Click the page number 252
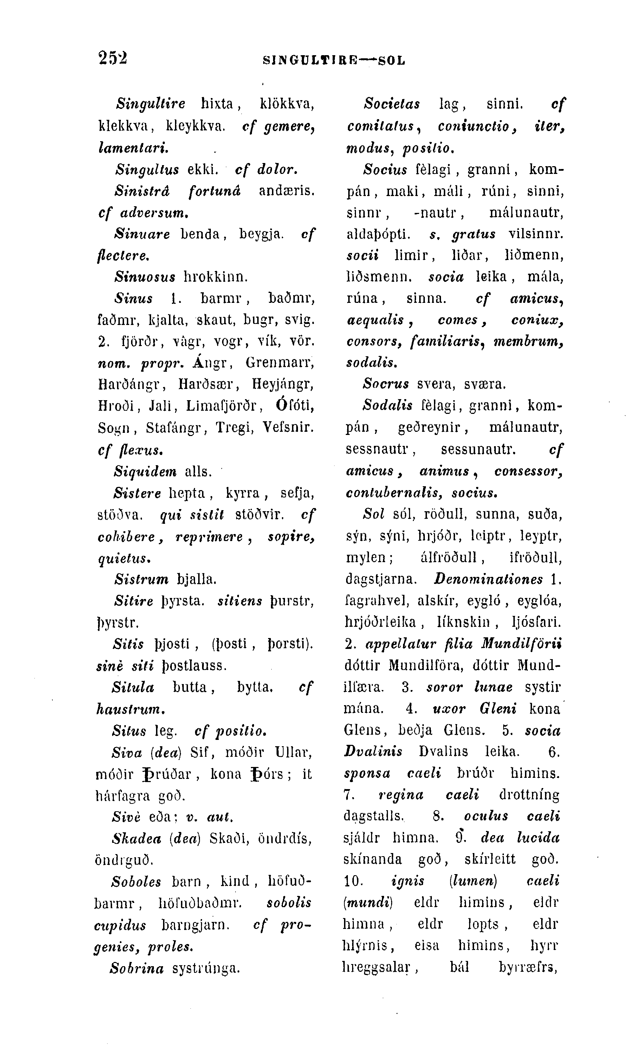(113, 58)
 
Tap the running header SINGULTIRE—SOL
(334, 60)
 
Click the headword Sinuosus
(145, 278)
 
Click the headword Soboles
(136, 882)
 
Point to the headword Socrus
(386, 384)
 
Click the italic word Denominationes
(488, 579)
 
